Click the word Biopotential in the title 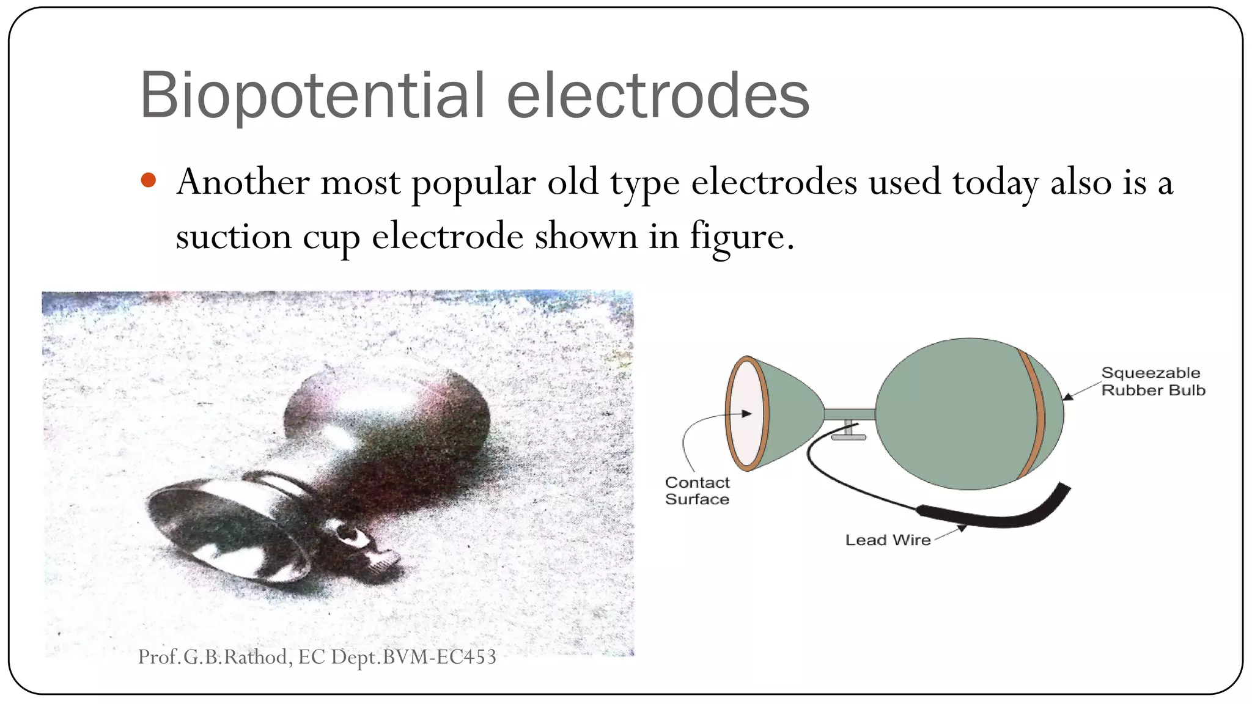tap(312, 96)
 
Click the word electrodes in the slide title tap(658, 96)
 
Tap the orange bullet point tap(149, 180)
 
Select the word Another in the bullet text tap(243, 182)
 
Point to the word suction tap(233, 237)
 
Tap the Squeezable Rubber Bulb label tap(1152, 381)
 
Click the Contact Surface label tap(697, 491)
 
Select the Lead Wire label tap(888, 540)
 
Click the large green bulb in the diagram tap(954, 414)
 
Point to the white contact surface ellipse tap(746, 414)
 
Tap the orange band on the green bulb tap(1033, 414)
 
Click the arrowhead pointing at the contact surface tap(746, 414)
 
